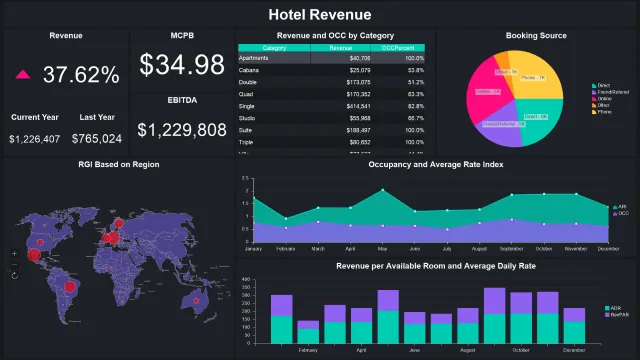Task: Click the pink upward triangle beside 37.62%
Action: (x=23, y=75)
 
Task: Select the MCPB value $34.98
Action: (x=181, y=66)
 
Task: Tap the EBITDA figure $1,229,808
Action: (x=181, y=130)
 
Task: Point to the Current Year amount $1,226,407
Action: (x=34, y=139)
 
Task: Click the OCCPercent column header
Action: (x=406, y=48)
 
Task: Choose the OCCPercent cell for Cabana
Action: (x=410, y=71)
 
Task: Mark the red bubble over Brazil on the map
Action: (x=70, y=287)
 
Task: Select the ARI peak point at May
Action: (x=382, y=191)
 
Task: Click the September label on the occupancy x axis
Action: (x=512, y=248)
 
